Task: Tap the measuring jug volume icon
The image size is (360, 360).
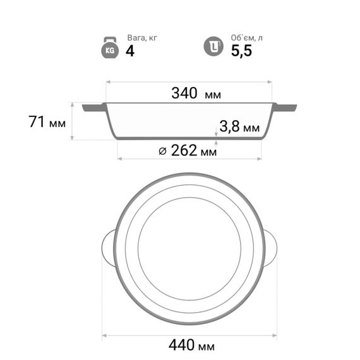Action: (213, 46)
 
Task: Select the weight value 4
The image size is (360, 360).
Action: (130, 51)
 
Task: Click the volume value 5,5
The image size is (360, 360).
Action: (241, 51)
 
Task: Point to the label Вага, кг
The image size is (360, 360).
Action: (142, 38)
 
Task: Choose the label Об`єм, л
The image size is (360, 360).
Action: (246, 38)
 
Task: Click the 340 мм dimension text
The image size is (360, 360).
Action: (196, 93)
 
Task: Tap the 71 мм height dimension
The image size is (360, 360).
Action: (47, 122)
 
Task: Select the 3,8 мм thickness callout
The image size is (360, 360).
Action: (239, 126)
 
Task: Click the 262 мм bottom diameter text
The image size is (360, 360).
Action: (194, 150)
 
